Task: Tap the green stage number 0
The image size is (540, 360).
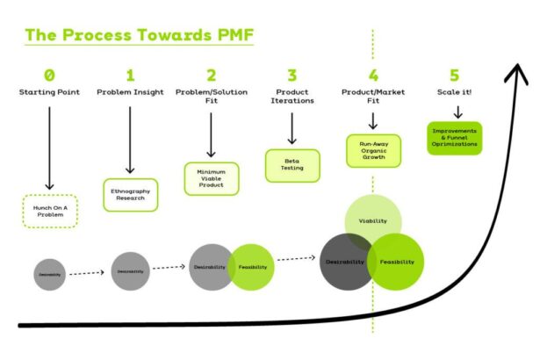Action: coord(49,75)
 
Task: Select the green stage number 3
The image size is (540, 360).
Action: coord(291,75)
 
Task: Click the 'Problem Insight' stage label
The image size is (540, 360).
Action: coord(130,92)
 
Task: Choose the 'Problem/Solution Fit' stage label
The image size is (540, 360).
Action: coord(211,92)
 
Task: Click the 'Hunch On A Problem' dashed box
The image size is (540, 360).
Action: coord(49,211)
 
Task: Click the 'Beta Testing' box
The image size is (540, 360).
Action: coord(292,164)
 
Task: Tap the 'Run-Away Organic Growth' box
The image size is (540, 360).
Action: coord(372,150)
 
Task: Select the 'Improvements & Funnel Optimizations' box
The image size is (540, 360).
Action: coord(455,139)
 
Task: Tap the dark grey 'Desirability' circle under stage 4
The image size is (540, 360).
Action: coord(343,263)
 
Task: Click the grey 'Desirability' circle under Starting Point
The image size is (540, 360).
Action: coord(49,275)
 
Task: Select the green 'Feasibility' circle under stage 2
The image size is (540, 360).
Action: coord(253,267)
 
